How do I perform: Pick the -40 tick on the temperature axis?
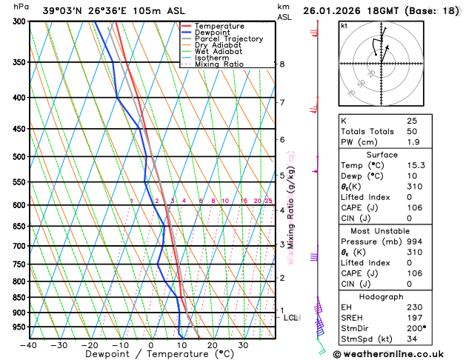coord(29,345)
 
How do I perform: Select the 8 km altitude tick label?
coord(282,64)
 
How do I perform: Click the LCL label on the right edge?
coord(291,318)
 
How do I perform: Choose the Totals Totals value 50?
coord(411,131)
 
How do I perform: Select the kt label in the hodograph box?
coord(344,26)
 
